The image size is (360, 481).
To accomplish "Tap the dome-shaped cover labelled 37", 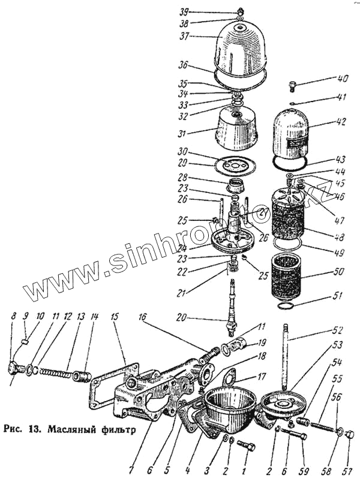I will pos(240,48).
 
